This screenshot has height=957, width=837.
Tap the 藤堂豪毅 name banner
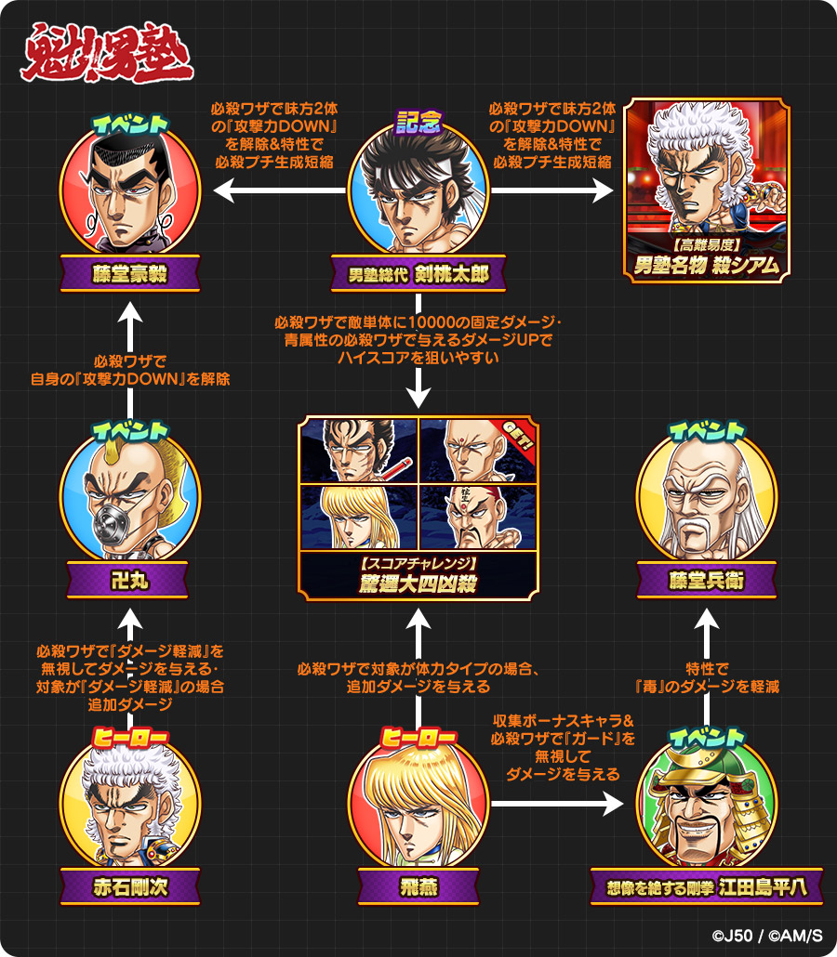pyautogui.click(x=130, y=275)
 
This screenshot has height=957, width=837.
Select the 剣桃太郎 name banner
pyautogui.click(x=418, y=274)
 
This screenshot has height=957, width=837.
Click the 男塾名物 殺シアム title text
pyautogui.click(x=707, y=265)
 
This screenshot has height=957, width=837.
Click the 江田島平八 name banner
pyautogui.click(x=707, y=886)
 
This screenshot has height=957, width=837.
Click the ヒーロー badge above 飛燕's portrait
pyautogui.click(x=418, y=737)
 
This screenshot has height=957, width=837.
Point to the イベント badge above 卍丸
pyautogui.click(x=130, y=431)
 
